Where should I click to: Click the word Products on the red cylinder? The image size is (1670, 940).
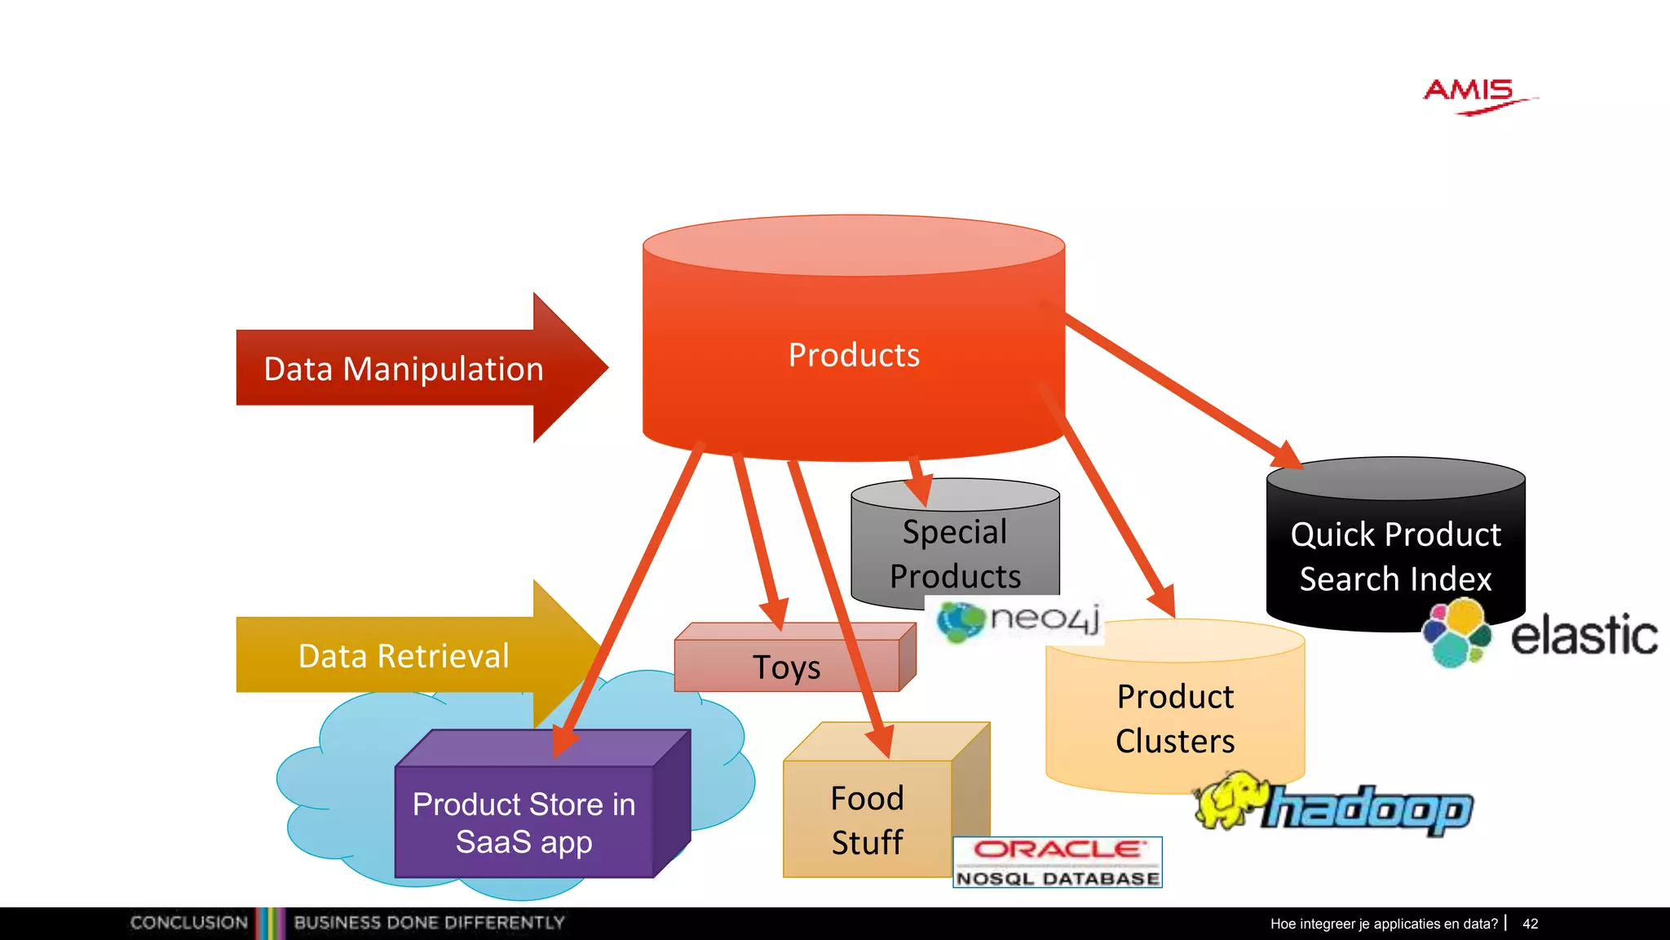[854, 355]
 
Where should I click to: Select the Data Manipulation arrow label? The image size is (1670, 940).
[404, 369]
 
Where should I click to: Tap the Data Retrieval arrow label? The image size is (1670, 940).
[404, 656]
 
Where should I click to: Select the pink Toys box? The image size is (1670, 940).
[787, 667]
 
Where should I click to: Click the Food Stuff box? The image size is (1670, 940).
[867, 819]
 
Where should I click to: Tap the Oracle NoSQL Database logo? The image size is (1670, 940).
[1058, 862]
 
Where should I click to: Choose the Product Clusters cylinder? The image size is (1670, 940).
[1175, 718]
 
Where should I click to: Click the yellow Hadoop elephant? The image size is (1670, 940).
[1227, 800]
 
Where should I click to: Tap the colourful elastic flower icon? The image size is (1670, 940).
[1457, 633]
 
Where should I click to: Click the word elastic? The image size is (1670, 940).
[1584, 636]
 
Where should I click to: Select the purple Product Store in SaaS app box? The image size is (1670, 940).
[524, 822]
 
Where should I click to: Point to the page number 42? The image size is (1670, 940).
[1531, 924]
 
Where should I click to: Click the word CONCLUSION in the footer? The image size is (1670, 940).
[189, 923]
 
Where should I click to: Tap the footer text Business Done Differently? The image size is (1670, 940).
[429, 923]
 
